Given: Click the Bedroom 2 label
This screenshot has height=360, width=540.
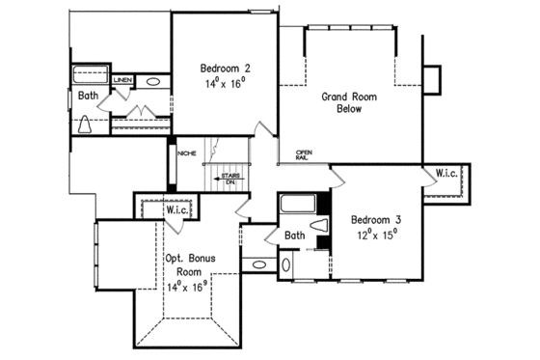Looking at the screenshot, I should click(x=226, y=69).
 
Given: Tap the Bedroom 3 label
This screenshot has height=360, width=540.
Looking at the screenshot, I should click(x=374, y=219).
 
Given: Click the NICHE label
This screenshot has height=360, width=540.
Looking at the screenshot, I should click(x=187, y=152).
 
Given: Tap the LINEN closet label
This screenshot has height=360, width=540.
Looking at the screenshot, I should click(x=122, y=80).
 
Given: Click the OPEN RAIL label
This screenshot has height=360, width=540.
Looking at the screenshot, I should click(x=304, y=155).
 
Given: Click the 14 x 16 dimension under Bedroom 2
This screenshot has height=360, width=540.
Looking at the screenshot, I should click(x=226, y=85).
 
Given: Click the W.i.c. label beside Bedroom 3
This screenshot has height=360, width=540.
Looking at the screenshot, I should click(x=446, y=175).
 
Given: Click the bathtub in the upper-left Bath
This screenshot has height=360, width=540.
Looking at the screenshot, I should click(x=91, y=74).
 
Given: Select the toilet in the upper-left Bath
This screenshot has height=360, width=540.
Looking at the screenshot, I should click(x=86, y=123).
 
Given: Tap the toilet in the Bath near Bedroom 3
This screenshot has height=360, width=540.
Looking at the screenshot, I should click(x=325, y=226).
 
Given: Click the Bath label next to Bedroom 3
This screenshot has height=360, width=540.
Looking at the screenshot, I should click(x=295, y=235).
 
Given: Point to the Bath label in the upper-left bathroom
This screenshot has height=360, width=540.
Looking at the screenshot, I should click(x=89, y=96).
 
